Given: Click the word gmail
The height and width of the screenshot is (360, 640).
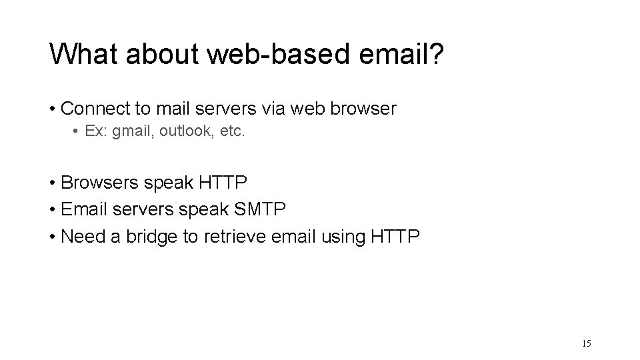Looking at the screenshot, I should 133,132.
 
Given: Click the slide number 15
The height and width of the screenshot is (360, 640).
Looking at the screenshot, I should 587,344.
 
